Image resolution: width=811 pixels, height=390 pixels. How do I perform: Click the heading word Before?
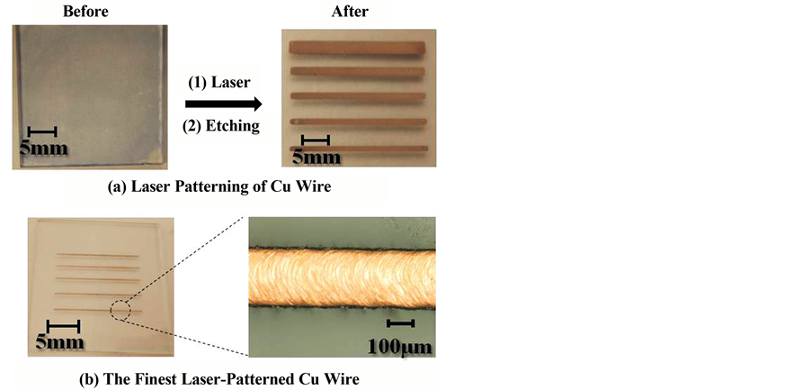click(x=85, y=12)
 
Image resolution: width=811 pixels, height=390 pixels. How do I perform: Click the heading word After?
click(x=350, y=12)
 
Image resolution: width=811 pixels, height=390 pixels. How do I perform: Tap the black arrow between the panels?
click(x=224, y=104)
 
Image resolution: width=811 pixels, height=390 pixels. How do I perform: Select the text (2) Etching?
click(x=221, y=126)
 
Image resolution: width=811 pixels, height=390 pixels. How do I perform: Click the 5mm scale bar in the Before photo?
click(x=42, y=132)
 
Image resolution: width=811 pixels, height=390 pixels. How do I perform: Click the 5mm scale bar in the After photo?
click(x=316, y=140)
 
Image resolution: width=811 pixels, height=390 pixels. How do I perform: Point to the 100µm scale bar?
click(x=401, y=323)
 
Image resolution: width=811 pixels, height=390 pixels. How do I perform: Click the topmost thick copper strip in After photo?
click(x=357, y=47)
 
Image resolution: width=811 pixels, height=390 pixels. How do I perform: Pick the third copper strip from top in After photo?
click(x=358, y=96)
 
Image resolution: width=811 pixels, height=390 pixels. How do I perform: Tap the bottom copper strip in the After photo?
click(x=359, y=149)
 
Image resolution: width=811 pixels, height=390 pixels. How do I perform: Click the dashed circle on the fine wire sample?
click(x=120, y=310)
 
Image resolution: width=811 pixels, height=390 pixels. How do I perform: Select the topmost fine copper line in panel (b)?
click(x=98, y=255)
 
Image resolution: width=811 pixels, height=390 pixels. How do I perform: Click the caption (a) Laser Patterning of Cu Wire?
click(x=219, y=187)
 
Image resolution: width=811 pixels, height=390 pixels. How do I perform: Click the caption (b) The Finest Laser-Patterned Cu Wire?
click(x=218, y=379)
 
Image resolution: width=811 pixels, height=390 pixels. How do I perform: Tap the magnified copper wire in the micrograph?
click(x=342, y=278)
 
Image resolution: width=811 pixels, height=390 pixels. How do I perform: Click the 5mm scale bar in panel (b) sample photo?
click(x=63, y=326)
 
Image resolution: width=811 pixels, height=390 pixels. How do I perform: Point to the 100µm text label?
click(x=400, y=347)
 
